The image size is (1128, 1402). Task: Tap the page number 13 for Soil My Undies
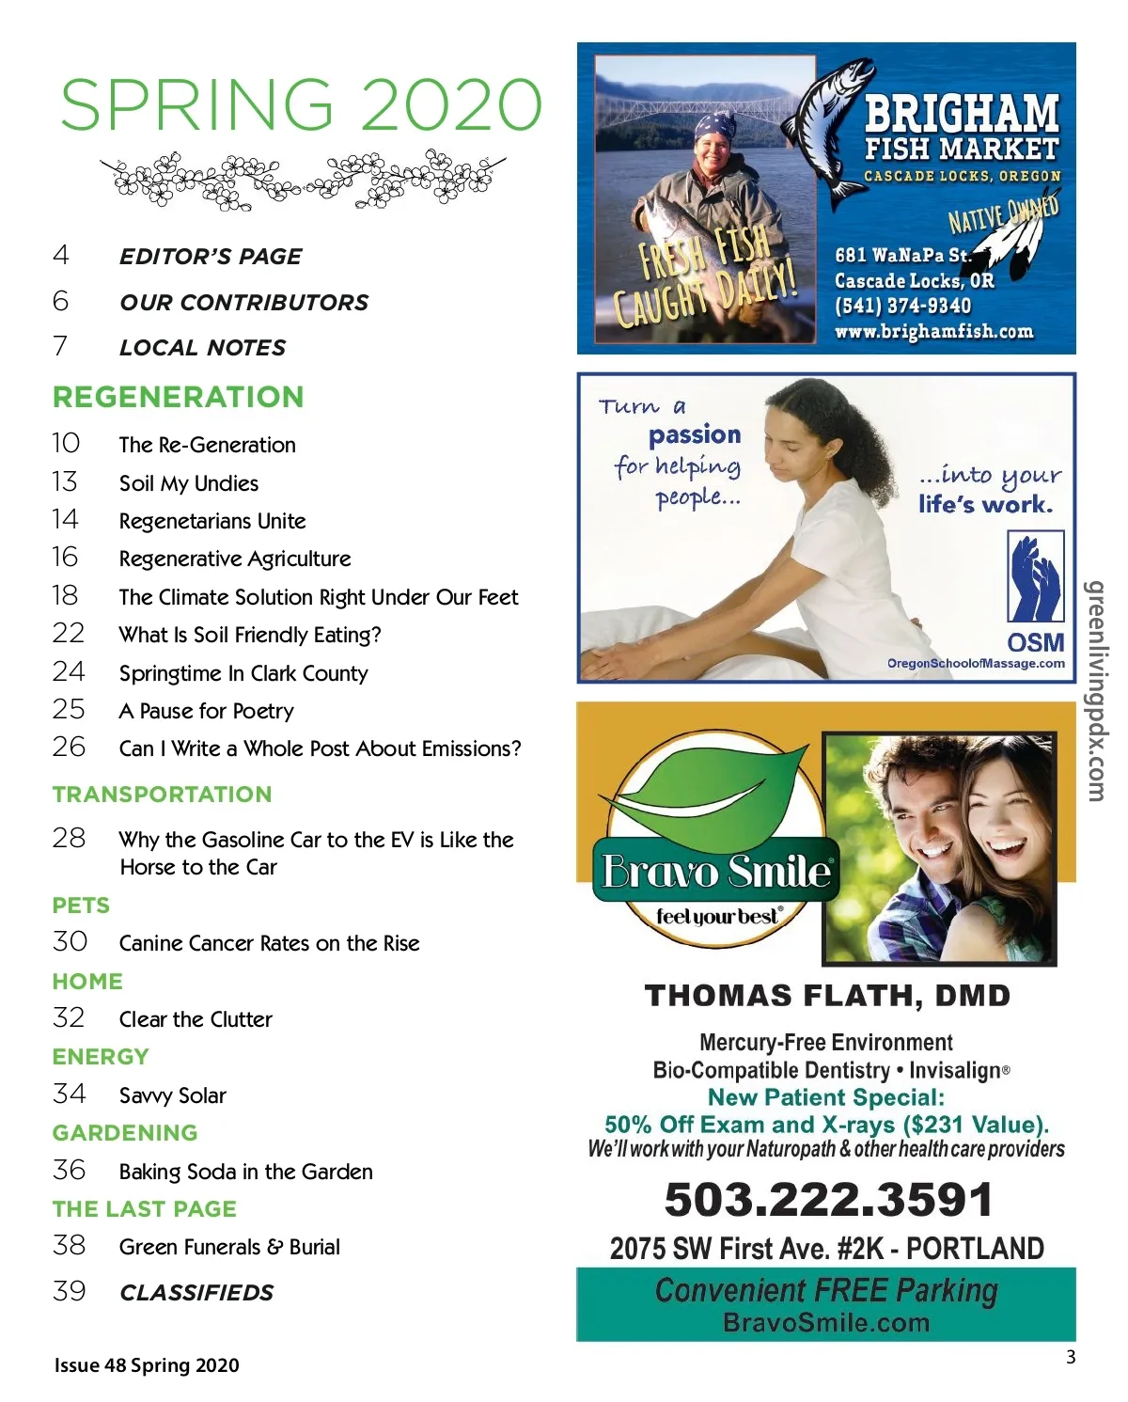[x=65, y=482]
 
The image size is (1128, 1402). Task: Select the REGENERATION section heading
[x=179, y=397]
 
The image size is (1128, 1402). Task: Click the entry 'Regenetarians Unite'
[x=212, y=521]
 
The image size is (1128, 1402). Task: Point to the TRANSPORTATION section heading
[x=162, y=795]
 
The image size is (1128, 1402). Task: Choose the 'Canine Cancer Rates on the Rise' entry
[x=269, y=943]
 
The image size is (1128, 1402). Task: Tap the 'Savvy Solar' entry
[x=173, y=1095]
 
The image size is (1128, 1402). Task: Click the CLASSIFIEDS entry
[x=196, y=1293]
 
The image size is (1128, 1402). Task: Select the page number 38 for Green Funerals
[x=69, y=1246]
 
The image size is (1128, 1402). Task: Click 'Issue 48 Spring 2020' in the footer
[x=147, y=1365]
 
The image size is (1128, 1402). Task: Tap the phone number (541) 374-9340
[x=902, y=306]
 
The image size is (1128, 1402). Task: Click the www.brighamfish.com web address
[x=933, y=331]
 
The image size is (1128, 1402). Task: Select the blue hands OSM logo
[x=1035, y=576]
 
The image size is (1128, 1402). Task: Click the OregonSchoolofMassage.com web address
[x=976, y=663]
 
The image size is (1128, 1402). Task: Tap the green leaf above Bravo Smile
[x=714, y=790]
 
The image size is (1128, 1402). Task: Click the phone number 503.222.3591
[x=828, y=1199]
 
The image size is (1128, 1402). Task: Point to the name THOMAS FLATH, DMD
[x=827, y=996]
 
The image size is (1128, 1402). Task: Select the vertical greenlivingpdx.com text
[x=1095, y=691]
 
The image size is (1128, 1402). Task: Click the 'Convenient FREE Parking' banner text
[x=826, y=1291]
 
